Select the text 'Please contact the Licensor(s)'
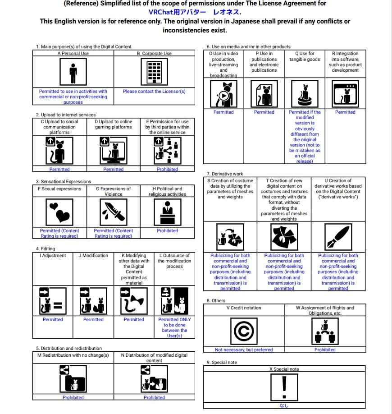coord(154,91)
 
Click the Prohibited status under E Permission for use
coord(167,169)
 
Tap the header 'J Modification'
coord(93,255)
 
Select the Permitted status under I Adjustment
coord(53,319)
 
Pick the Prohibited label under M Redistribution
coord(73,397)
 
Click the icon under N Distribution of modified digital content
coord(154,378)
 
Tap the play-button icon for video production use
coord(223,94)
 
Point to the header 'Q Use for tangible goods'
coord(305,56)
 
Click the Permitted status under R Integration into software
coord(345,112)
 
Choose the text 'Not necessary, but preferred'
coord(244,350)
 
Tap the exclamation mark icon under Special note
coord(284,386)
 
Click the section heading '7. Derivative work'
coord(224,174)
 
